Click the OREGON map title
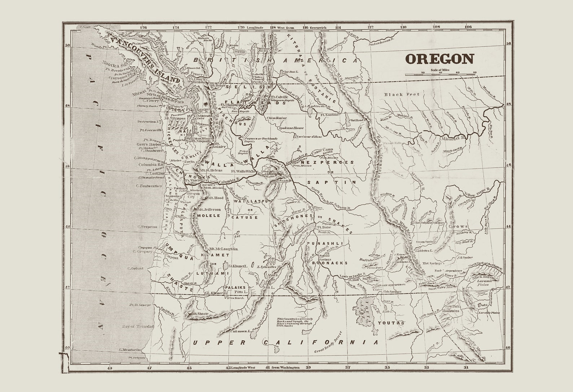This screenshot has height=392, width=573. [x=440, y=59]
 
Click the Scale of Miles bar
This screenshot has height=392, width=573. [x=440, y=75]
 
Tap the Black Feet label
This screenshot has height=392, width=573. [x=402, y=94]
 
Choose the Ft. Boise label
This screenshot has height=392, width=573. [x=324, y=228]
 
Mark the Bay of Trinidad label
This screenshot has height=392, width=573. [x=138, y=326]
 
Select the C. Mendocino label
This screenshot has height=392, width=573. [x=130, y=350]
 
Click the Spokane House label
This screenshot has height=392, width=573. [x=291, y=128]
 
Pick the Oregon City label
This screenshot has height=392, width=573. [x=193, y=195]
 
